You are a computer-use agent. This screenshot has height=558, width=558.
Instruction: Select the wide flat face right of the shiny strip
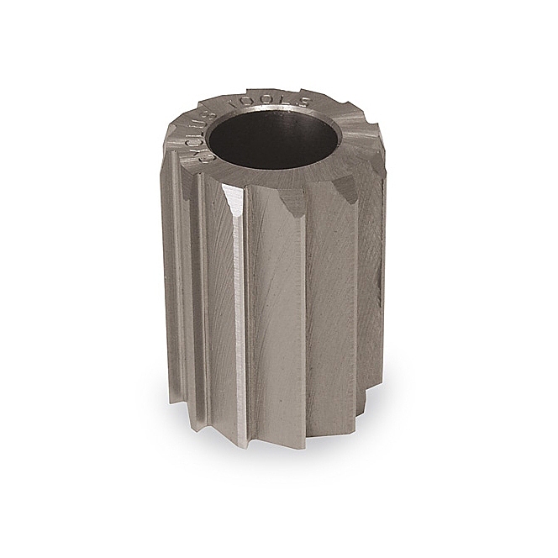pos(277,319)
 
